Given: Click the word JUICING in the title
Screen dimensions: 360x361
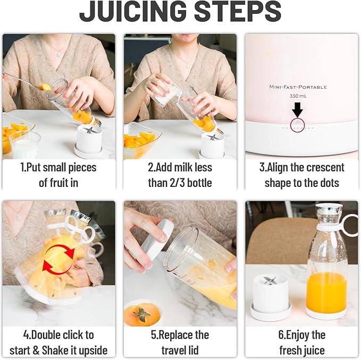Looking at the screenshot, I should point(132,12).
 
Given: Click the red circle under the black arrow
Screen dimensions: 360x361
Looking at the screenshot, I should point(298,125).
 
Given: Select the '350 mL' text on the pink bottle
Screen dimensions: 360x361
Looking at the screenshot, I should point(298,96).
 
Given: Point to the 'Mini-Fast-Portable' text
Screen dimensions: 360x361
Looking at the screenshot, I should point(298,87).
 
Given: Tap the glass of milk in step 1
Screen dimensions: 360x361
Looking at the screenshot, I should point(24,144).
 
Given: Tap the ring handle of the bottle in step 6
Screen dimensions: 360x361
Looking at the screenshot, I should point(350,225).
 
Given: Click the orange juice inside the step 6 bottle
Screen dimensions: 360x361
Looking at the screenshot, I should point(326,291).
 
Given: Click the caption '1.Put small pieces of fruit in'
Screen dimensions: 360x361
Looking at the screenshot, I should point(58,175).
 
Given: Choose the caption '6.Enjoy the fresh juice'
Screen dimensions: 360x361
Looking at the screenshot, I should point(301,342).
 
